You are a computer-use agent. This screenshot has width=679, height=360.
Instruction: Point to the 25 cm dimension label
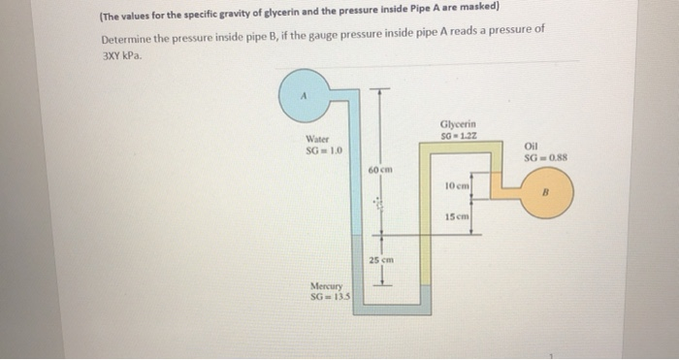[379, 261]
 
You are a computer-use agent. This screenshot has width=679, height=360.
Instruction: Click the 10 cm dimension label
[457, 183]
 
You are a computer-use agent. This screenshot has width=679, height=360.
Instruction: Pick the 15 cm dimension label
[457, 215]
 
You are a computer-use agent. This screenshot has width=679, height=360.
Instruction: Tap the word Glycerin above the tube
[457, 124]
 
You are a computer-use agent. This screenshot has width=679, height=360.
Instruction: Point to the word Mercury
[325, 285]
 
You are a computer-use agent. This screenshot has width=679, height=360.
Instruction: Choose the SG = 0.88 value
[543, 159]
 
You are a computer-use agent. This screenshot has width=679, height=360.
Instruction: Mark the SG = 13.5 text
[328, 295]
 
